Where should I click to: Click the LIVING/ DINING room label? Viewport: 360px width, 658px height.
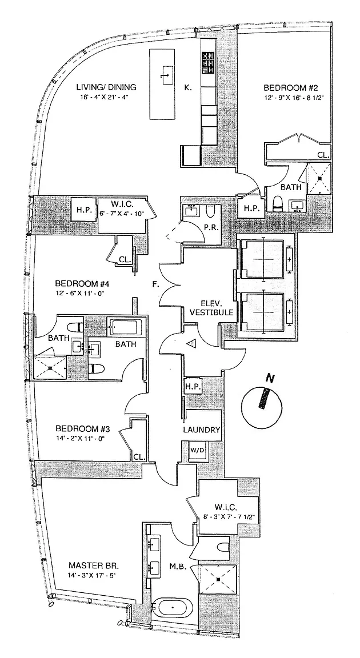107,87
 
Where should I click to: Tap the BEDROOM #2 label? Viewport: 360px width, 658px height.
287,88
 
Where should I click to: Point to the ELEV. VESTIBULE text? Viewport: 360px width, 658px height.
216,308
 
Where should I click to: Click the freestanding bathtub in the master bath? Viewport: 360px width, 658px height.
173,607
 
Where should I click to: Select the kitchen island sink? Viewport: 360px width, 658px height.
167,73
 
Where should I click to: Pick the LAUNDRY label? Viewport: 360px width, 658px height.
201,430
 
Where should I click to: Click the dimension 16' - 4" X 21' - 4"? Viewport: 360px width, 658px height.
107,97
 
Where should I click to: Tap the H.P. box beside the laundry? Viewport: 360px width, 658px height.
191,387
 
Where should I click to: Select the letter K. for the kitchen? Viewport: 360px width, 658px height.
187,88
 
